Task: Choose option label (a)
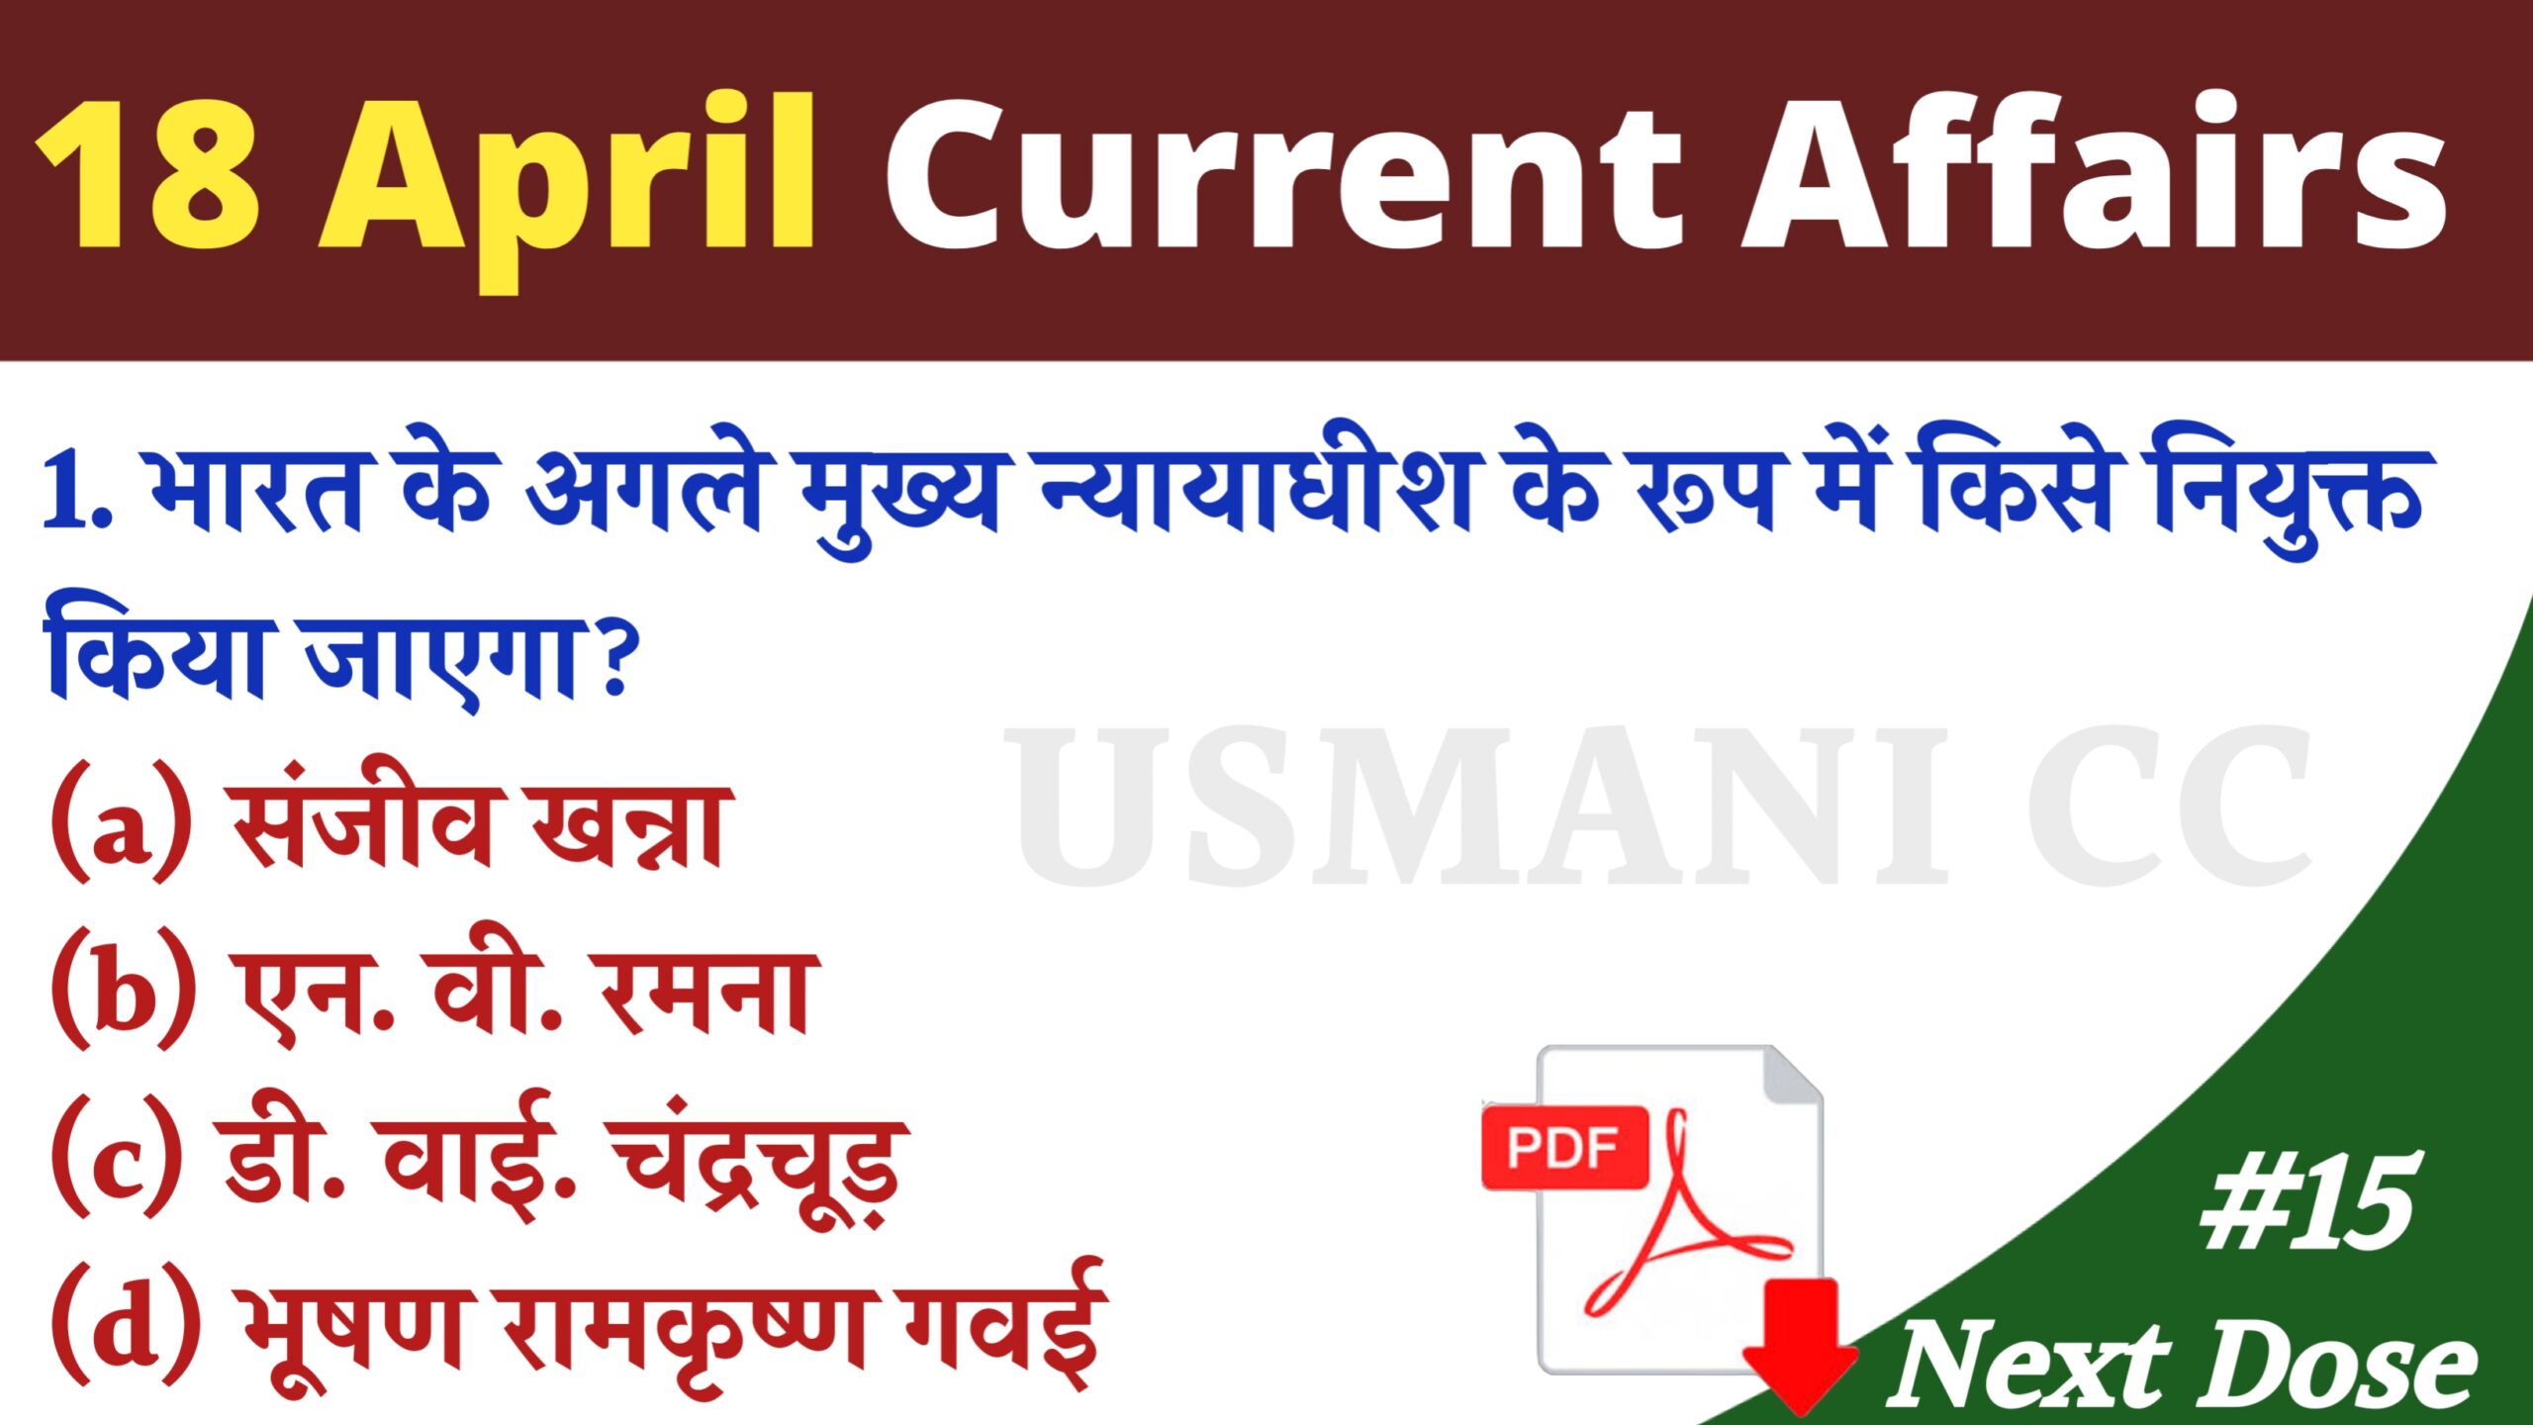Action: pos(122,821)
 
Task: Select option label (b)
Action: pos(124,989)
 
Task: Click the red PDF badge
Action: pos(1564,1148)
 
